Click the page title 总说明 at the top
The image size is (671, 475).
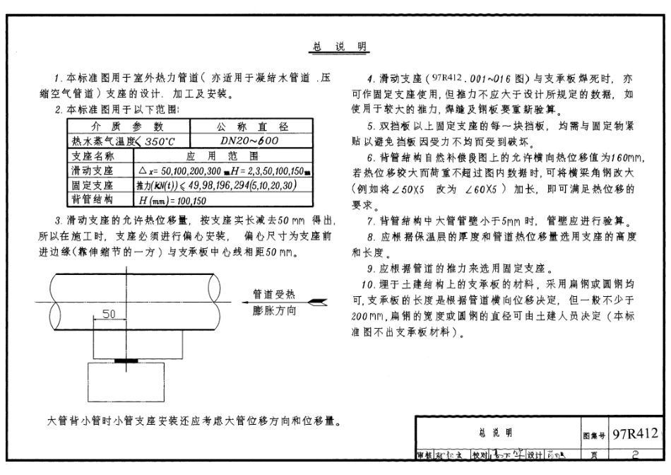pyautogui.click(x=338, y=47)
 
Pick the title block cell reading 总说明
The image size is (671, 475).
pyautogui.click(x=498, y=433)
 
